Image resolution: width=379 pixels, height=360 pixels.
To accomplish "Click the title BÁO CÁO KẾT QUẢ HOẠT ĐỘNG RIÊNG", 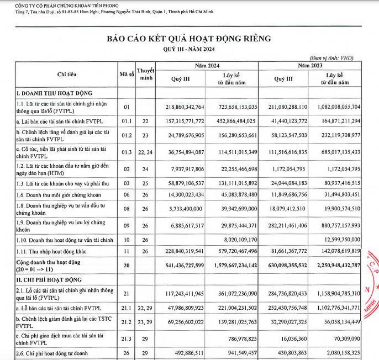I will [x=189, y=39].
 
